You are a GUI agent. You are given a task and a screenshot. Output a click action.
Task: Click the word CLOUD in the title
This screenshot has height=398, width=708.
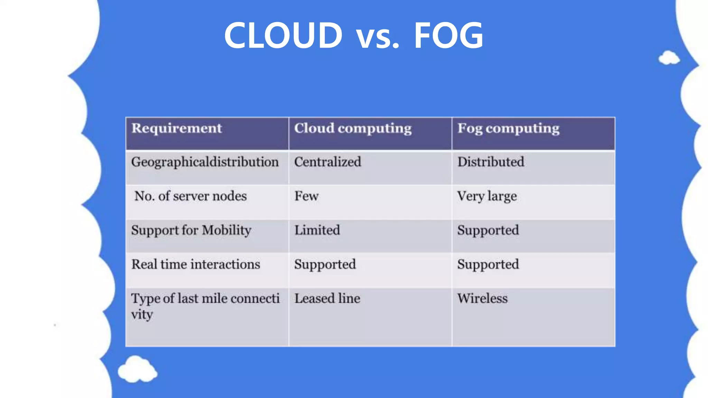[283, 35]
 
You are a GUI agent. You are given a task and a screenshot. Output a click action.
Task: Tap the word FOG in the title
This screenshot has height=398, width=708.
[448, 35]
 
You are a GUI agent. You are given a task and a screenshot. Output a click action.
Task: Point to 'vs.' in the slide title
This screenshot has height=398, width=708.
[378, 37]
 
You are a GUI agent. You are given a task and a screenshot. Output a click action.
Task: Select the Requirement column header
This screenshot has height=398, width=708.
[177, 129]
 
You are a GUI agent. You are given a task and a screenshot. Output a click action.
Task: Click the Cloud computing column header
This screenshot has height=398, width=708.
[353, 129]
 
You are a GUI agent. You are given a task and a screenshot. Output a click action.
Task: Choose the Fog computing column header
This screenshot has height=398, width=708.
[508, 129]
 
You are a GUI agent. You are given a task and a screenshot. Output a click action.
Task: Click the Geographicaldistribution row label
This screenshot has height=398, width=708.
[205, 162]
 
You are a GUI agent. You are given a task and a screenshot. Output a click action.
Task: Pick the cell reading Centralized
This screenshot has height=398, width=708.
[327, 162]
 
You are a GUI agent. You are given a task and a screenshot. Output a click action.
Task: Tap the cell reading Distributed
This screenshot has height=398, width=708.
[491, 162]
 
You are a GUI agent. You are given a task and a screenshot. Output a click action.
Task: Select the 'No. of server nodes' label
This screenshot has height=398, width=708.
[190, 196]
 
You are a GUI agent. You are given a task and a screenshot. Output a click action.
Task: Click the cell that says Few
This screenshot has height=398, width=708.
[306, 196]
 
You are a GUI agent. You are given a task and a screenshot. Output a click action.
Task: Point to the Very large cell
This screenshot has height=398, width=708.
[487, 196]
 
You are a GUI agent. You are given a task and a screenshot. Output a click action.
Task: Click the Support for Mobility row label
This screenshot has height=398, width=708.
[191, 230]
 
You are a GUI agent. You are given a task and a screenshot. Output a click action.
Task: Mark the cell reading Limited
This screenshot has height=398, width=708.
[317, 230]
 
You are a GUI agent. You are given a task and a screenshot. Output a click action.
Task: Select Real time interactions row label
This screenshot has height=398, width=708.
[196, 264]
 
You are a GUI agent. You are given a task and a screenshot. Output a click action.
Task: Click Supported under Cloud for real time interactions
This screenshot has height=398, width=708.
[325, 265]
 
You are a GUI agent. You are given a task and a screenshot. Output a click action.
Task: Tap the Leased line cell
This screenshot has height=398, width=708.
[327, 298]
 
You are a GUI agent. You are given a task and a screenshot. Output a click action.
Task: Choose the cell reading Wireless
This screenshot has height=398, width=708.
[482, 298]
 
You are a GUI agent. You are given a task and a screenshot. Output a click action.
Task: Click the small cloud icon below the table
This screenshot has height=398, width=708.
[137, 369]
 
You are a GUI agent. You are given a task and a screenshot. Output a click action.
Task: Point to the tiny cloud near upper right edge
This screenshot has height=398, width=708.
[669, 58]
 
